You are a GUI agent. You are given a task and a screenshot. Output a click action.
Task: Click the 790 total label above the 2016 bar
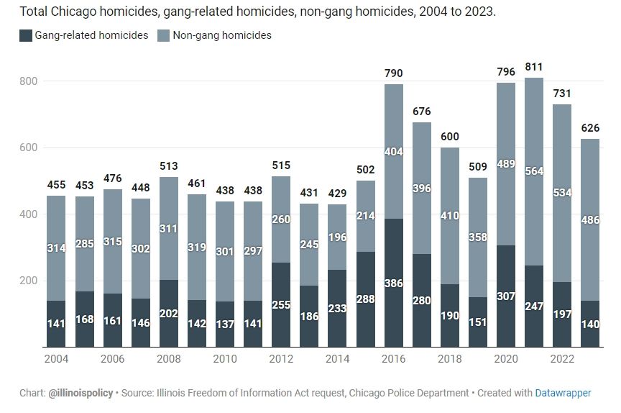[393, 73]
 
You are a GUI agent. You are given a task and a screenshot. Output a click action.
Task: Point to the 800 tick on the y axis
[28, 81]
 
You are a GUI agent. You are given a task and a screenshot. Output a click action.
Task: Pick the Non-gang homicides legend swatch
[162, 35]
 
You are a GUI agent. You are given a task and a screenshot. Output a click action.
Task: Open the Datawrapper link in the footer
[563, 393]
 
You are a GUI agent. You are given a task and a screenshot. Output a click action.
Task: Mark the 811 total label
[533, 66]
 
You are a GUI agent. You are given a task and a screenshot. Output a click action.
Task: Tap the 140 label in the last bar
[589, 324]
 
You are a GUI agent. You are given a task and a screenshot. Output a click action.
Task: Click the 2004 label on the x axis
[56, 358]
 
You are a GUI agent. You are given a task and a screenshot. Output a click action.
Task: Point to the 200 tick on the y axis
[28, 281]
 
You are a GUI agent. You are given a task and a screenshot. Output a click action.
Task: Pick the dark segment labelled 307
[505, 296]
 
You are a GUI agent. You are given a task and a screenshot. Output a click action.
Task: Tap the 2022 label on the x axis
[561, 358]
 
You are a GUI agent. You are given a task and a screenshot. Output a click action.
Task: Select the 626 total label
[589, 127]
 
